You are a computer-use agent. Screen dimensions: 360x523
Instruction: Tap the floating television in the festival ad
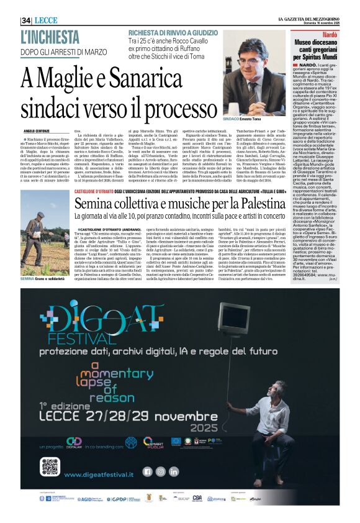[x=233, y=317]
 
